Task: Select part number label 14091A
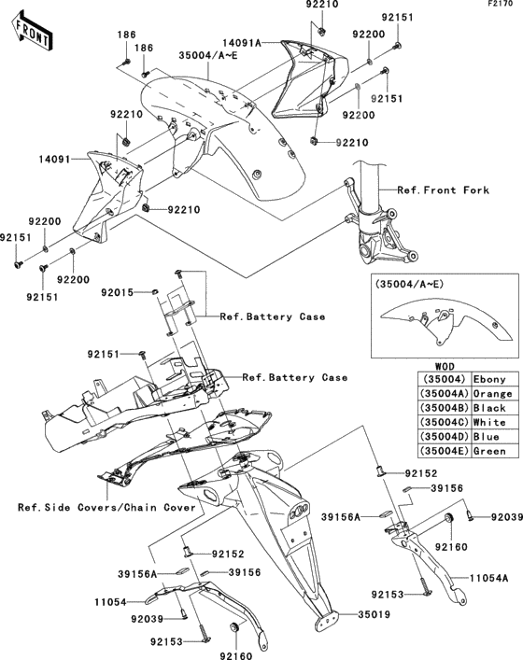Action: tap(244, 42)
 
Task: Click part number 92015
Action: tap(120, 293)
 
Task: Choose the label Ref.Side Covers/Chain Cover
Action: tap(106, 508)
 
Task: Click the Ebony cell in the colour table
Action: tap(489, 379)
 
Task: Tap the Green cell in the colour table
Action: tap(489, 451)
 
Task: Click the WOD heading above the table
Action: tap(447, 366)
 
